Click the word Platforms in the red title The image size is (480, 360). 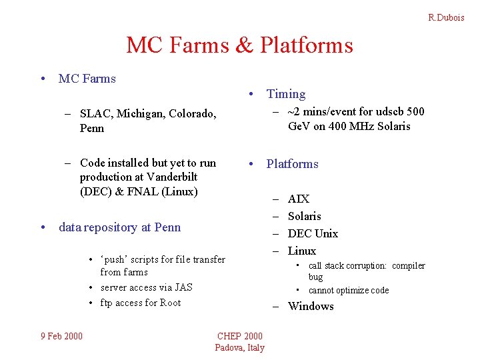click(307, 45)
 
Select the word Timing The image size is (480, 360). click(286, 94)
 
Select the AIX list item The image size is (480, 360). click(298, 199)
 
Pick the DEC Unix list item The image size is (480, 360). click(312, 233)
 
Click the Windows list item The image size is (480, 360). click(310, 306)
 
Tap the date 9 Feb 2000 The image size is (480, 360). click(61, 335)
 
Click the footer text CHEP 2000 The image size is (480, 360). click(240, 335)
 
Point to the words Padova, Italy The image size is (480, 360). click(240, 347)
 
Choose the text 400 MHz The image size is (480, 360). click(347, 126)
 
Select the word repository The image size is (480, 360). click(111, 227)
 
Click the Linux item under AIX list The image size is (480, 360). click(301, 251)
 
